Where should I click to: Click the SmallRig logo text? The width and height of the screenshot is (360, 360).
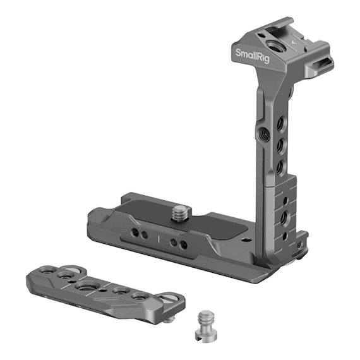(x=253, y=56)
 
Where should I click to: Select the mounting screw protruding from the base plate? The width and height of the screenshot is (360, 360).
(x=181, y=213)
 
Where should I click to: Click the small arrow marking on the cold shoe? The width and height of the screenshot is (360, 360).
(x=293, y=42)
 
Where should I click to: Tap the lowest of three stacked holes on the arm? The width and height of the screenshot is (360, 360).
(x=279, y=167)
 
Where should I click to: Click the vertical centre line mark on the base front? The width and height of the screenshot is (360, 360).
(x=158, y=239)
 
